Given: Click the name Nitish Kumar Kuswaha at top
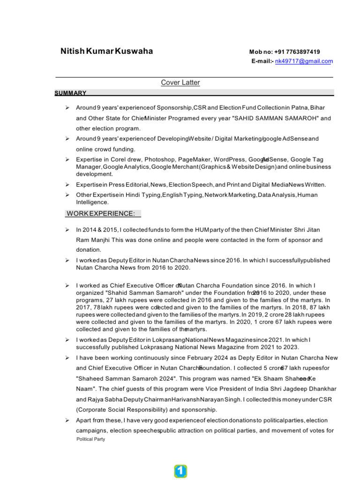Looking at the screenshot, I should (x=106, y=52).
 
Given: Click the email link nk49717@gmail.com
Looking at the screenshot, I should (x=304, y=61).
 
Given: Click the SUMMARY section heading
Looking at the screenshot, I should (x=70, y=93).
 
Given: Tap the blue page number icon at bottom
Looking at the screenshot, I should (x=180, y=471).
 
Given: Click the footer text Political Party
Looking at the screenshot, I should (x=91, y=439).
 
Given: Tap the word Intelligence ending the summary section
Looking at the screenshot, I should (x=92, y=202).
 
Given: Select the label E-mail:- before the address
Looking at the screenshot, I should (x=262, y=61).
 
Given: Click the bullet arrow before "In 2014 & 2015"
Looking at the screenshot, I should (x=67, y=230).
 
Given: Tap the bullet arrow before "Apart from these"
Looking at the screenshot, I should (x=67, y=420).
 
